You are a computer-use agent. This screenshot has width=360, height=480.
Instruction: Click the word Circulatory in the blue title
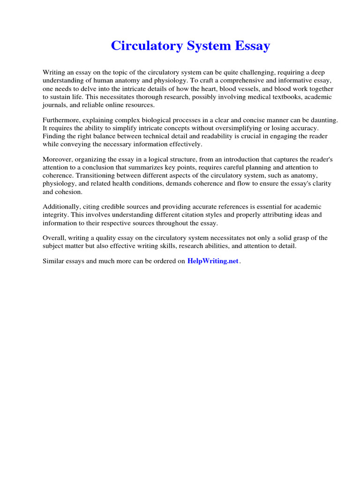click(x=144, y=46)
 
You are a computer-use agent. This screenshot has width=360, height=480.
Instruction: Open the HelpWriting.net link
click(x=213, y=261)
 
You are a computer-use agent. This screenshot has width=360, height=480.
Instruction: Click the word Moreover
click(x=58, y=159)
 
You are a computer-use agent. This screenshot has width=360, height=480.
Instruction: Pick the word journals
click(x=54, y=105)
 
